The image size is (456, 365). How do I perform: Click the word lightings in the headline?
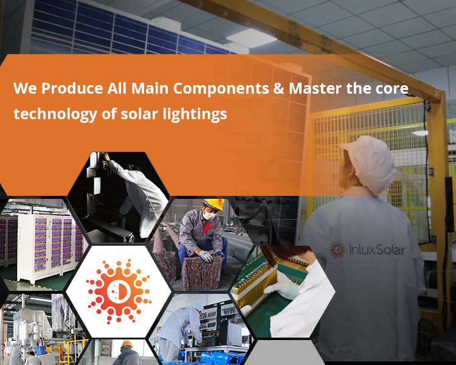click(x=193, y=114)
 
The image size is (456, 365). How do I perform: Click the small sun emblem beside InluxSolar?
click(x=337, y=249)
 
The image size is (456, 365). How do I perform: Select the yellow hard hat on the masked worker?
click(x=213, y=204)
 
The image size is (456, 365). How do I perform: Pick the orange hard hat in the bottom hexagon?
click(x=126, y=344)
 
